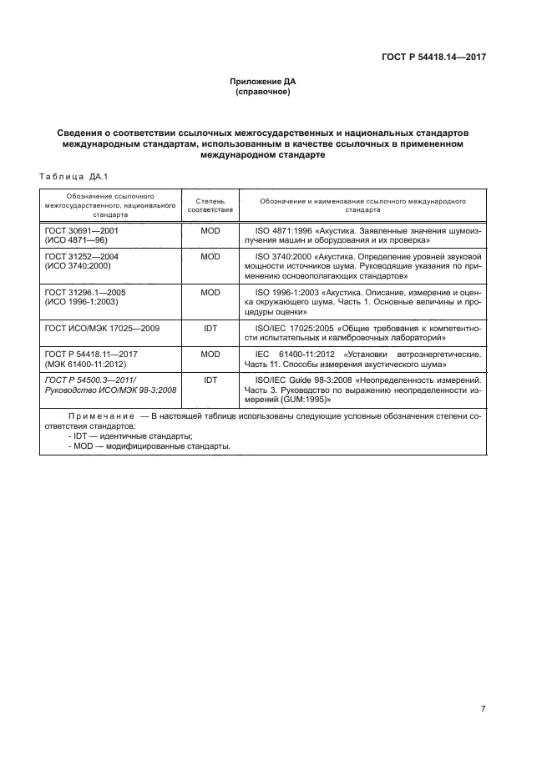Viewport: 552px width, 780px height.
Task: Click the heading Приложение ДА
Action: (263, 82)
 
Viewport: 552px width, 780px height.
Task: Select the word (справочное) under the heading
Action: (263, 92)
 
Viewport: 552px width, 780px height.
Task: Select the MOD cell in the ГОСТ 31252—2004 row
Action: (210, 256)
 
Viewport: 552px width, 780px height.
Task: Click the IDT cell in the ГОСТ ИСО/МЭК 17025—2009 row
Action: (210, 330)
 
